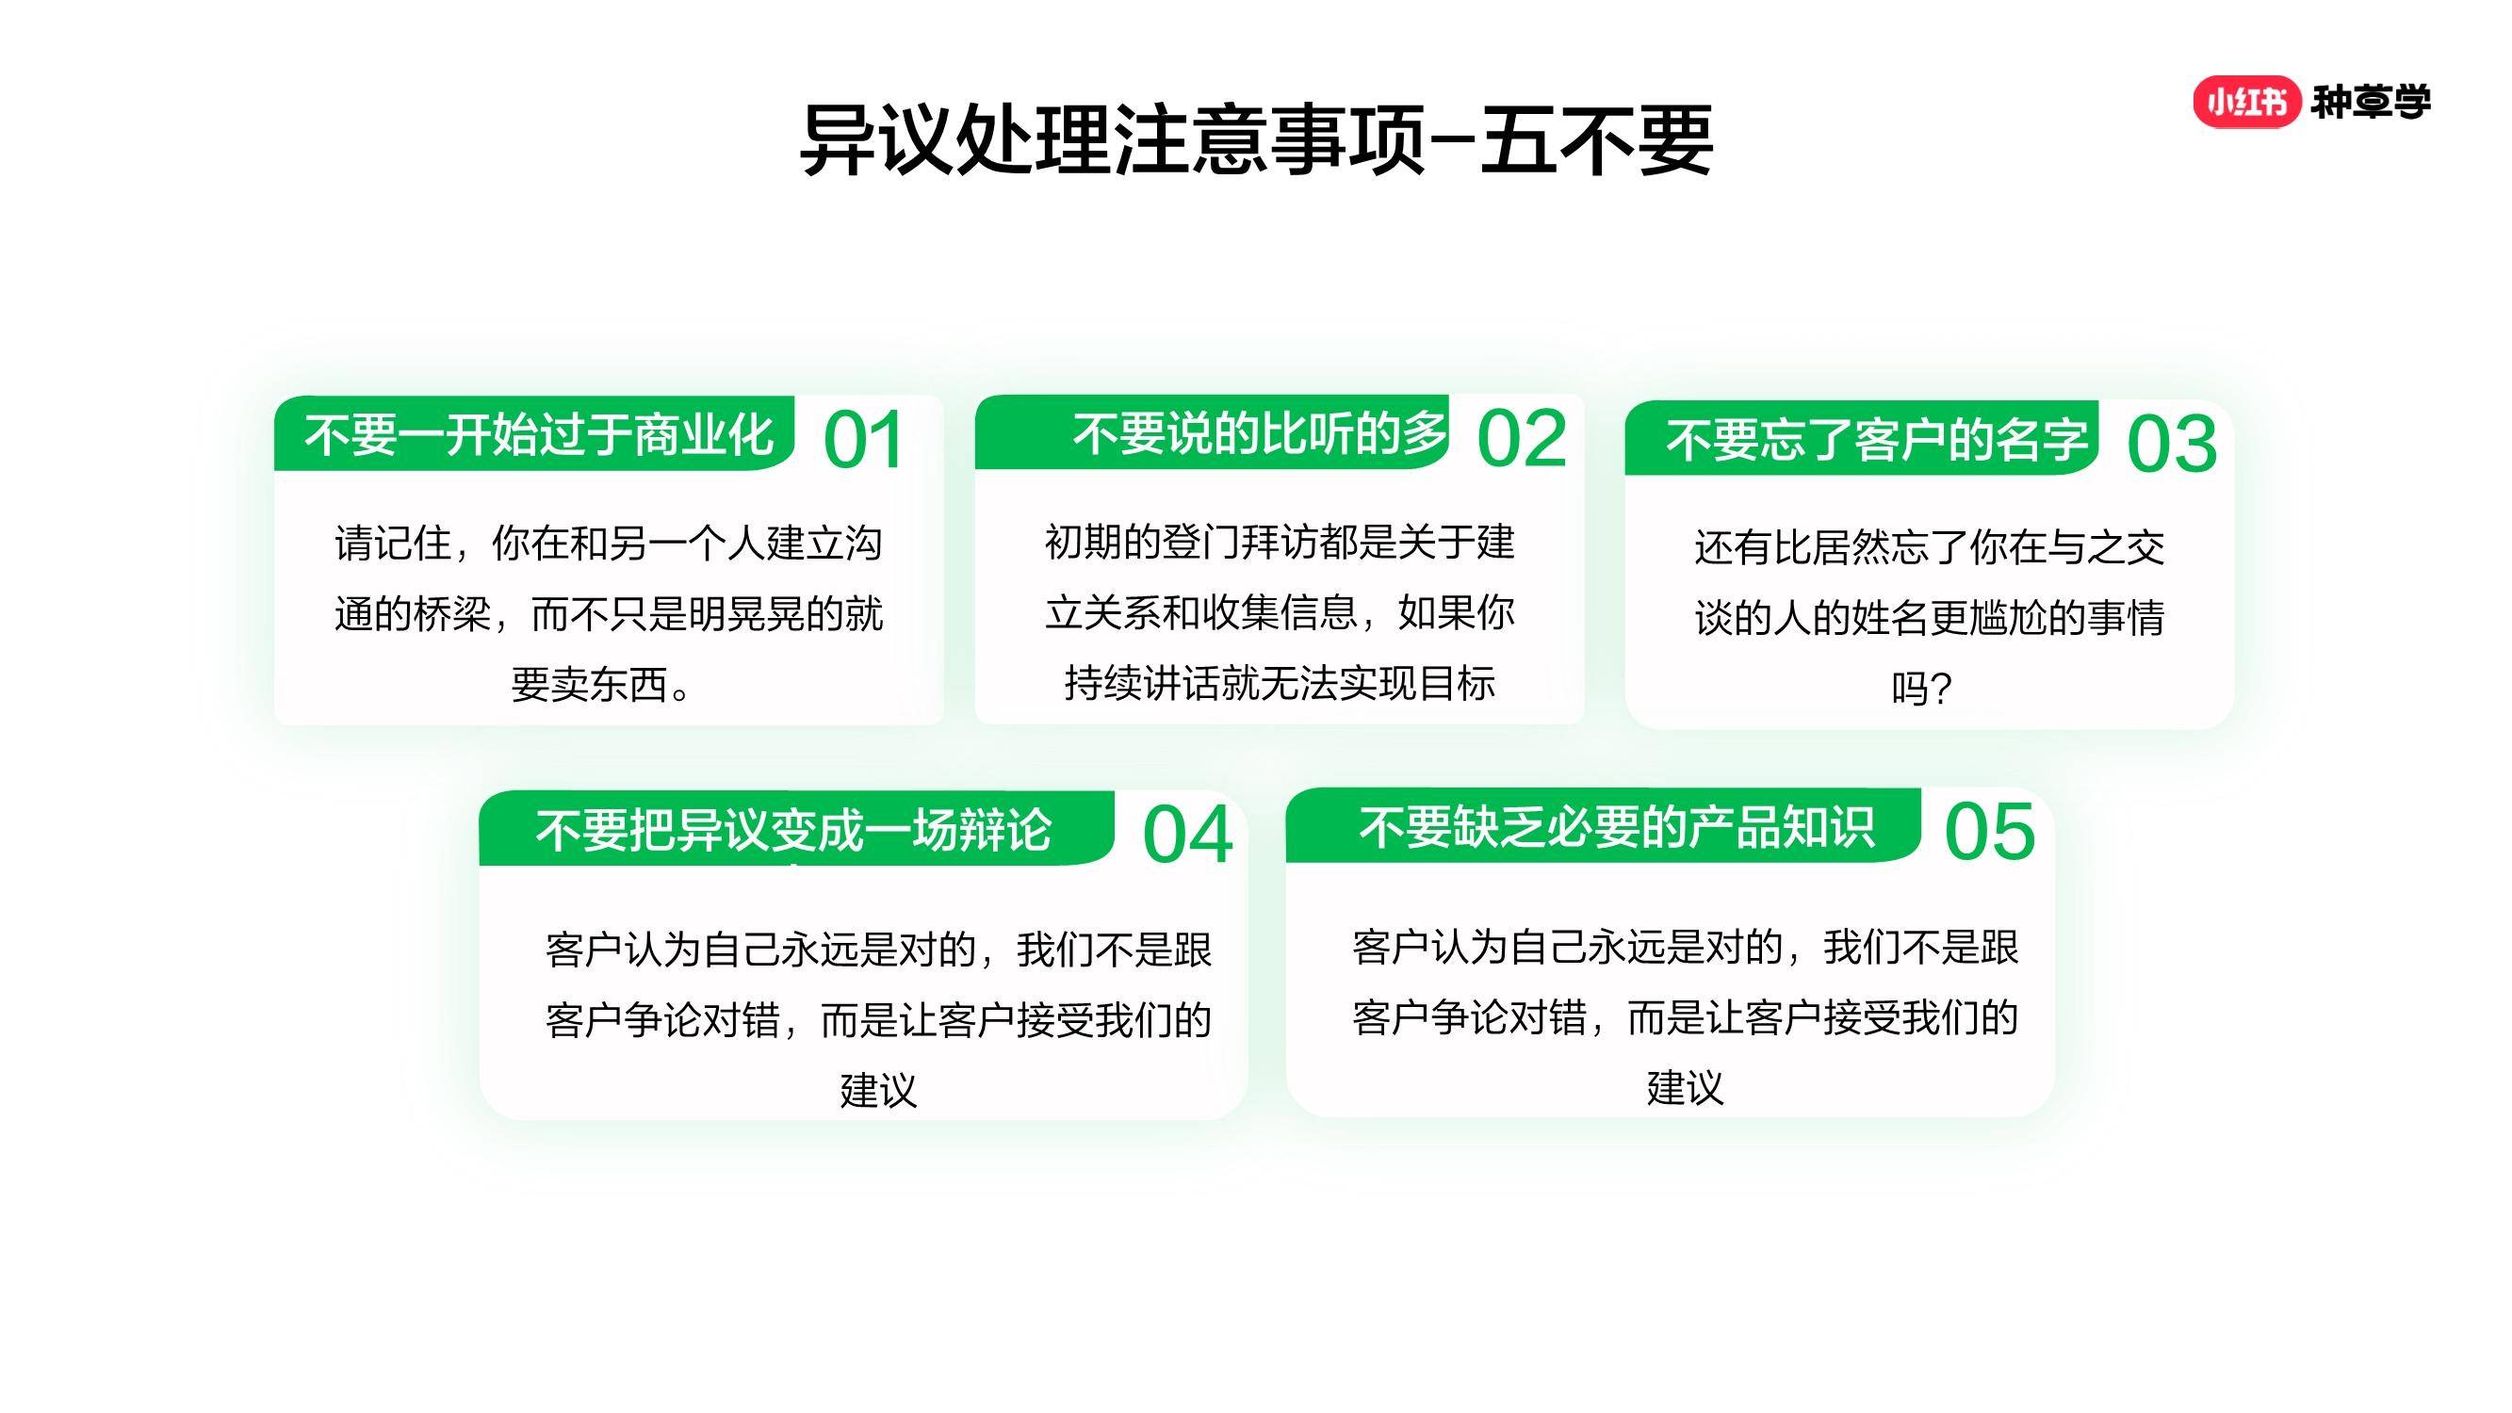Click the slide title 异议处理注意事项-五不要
(x=1256, y=141)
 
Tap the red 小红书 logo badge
(x=2246, y=102)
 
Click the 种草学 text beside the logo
(x=2371, y=102)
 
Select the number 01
(x=864, y=441)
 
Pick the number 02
(x=1522, y=439)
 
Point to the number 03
(x=2172, y=445)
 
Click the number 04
(x=1188, y=836)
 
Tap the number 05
(x=1990, y=833)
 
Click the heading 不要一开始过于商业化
(x=539, y=435)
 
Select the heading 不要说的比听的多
(x=1260, y=433)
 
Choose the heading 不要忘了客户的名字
(x=1877, y=440)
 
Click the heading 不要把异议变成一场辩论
(x=793, y=831)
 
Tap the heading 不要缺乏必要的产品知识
(x=1617, y=828)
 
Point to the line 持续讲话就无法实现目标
(x=1280, y=683)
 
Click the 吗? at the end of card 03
(x=1922, y=689)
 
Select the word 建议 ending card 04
(x=878, y=1090)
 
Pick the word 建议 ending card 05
(x=1685, y=1087)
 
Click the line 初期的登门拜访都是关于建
(x=1280, y=543)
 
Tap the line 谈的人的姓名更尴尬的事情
(x=1930, y=617)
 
